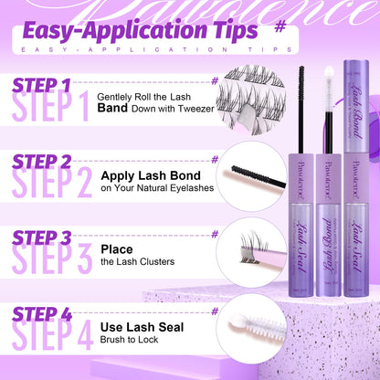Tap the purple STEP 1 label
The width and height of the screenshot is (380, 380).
coord(42,86)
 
